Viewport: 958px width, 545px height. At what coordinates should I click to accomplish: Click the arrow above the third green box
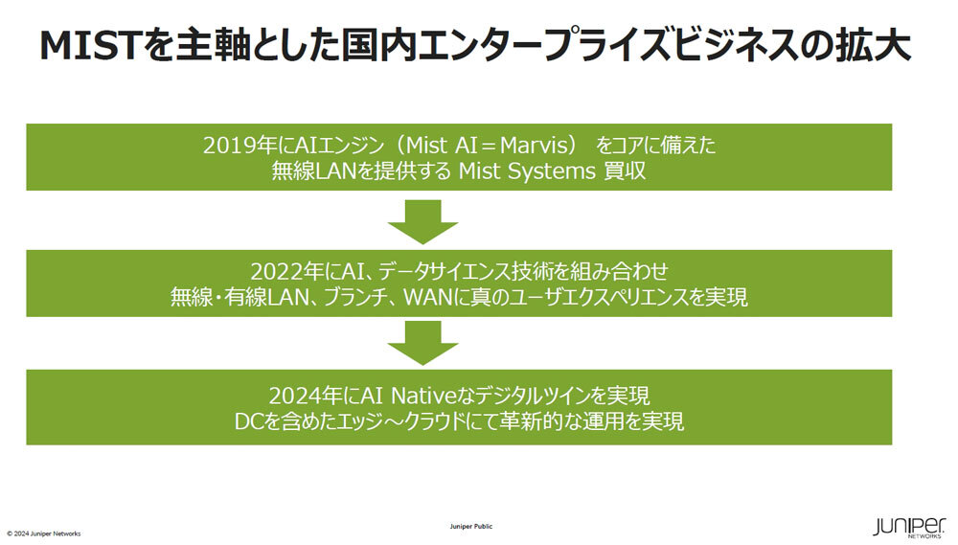click(x=423, y=342)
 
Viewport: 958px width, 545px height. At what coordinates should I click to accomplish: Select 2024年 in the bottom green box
click(x=299, y=395)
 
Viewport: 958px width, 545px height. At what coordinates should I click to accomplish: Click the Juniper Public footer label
click(x=471, y=527)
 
